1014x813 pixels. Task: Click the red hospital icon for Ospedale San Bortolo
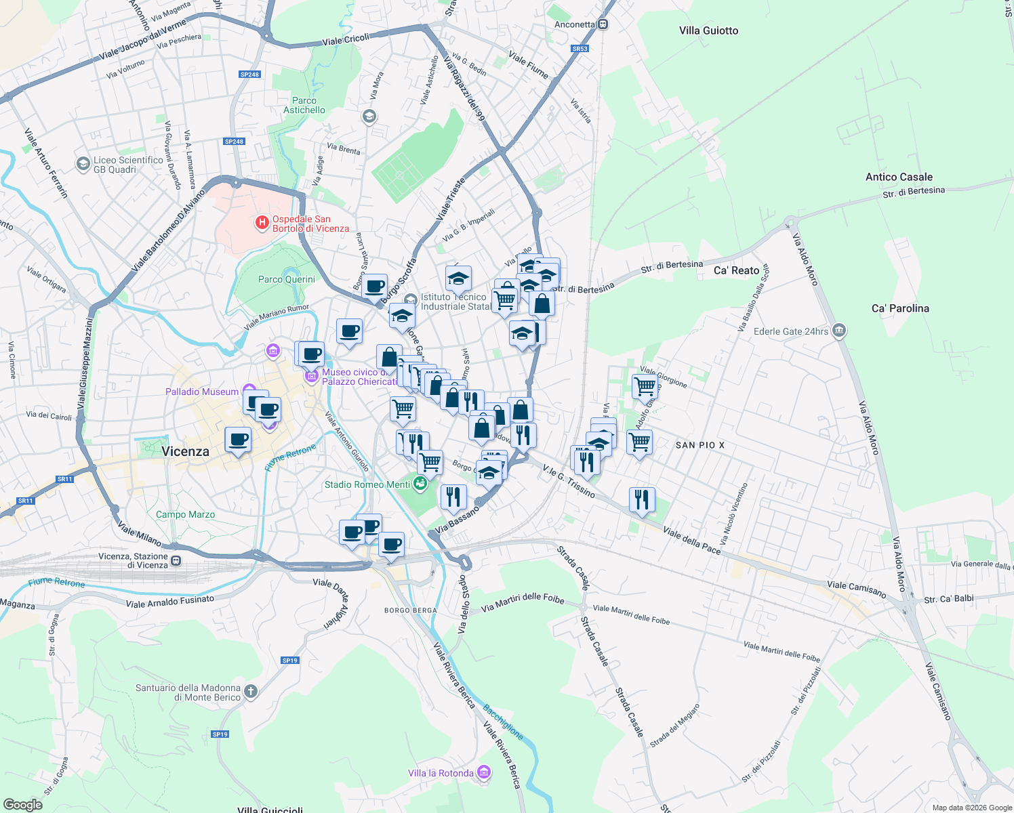pos(262,224)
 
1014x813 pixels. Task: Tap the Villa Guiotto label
pos(708,30)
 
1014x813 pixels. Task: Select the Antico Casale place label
pos(899,177)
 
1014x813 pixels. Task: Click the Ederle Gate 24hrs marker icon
pos(839,331)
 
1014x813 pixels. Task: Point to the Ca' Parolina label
pos(900,308)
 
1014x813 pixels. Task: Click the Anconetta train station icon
pos(603,24)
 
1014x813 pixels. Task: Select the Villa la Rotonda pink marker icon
pos(483,772)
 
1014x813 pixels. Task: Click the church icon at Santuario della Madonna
pos(251,692)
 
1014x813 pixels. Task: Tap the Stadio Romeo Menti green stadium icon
pos(420,484)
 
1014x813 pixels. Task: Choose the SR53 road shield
pos(580,49)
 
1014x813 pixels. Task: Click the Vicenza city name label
pos(185,451)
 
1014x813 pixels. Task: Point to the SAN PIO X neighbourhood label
pos(700,445)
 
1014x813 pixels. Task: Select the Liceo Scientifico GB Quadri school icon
pos(83,164)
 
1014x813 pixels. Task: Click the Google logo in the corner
pos(23,804)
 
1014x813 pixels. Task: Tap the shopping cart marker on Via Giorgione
pos(645,387)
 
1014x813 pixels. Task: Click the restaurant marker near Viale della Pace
pos(641,500)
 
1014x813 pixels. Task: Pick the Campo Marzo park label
pos(185,514)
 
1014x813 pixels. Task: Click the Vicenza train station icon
pos(176,560)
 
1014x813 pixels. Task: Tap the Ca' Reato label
pos(736,270)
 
